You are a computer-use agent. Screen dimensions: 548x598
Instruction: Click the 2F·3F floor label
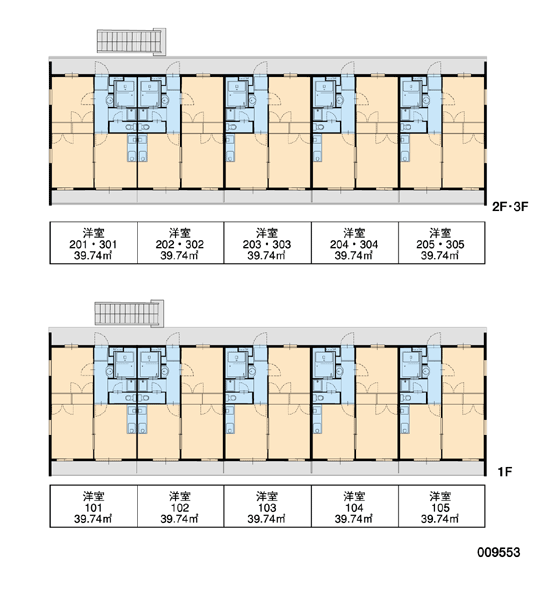[x=510, y=207]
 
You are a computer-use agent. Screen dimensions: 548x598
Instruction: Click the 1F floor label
[x=504, y=472]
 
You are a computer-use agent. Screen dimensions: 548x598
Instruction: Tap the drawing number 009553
[x=499, y=552]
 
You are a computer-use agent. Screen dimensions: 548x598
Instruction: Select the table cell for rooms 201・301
[x=94, y=243]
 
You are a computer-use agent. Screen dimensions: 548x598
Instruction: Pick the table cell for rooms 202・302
[x=180, y=243]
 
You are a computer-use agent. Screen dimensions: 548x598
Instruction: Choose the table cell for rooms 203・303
[x=268, y=243]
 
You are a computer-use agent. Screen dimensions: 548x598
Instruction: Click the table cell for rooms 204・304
[x=355, y=243]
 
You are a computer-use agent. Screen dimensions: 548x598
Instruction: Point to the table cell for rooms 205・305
[x=441, y=243]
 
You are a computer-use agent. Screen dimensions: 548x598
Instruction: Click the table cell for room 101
[x=94, y=506]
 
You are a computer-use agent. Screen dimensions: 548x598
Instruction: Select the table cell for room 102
[x=180, y=506]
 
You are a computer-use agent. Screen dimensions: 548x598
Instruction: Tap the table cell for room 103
[x=268, y=506]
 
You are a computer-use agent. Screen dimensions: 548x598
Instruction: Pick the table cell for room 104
[x=355, y=506]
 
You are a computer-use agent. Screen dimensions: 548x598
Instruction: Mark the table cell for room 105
[x=441, y=506]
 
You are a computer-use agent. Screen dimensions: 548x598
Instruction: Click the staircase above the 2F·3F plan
[x=132, y=41]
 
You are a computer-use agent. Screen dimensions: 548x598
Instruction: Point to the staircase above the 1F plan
[x=130, y=313]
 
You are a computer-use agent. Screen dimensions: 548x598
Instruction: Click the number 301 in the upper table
[x=108, y=244]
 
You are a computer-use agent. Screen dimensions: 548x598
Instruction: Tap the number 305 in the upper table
[x=455, y=244]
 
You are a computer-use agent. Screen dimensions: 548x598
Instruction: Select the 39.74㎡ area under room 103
[x=267, y=519]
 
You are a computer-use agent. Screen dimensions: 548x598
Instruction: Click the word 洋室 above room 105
[x=440, y=496]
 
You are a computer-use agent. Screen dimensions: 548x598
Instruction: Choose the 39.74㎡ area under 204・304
[x=354, y=255]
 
